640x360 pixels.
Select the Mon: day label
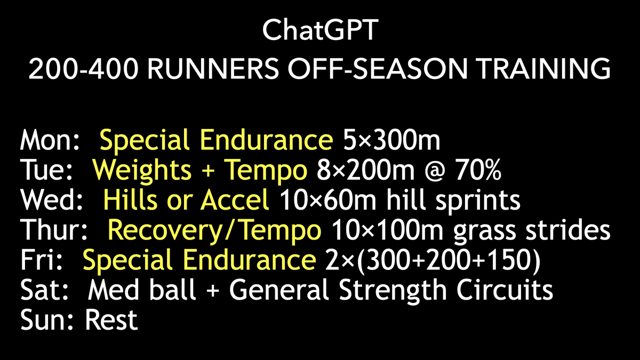click(x=50, y=141)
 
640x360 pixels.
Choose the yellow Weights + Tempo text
click(x=199, y=171)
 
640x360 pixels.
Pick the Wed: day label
click(x=51, y=201)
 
